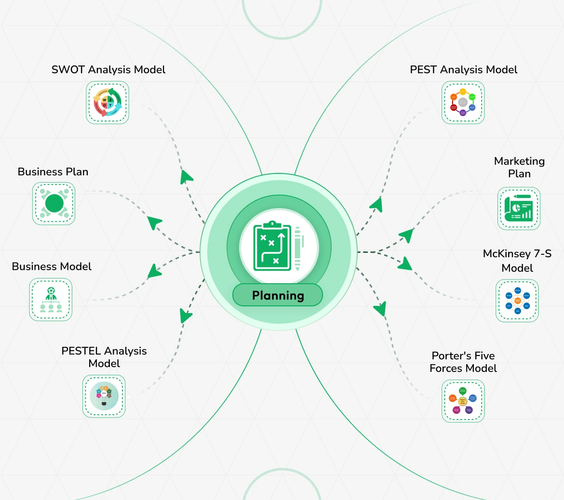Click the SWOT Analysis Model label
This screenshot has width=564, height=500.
click(108, 70)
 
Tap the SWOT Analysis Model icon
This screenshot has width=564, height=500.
click(107, 102)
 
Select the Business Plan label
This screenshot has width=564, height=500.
click(53, 172)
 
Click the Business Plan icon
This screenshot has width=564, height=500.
click(54, 203)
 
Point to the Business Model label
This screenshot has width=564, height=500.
click(52, 267)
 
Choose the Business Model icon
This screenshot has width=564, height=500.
click(51, 299)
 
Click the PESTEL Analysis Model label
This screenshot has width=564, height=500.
click(104, 357)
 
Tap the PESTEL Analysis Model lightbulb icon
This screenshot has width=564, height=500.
click(104, 396)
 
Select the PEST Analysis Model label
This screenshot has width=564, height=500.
click(463, 70)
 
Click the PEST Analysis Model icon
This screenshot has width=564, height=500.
click(463, 102)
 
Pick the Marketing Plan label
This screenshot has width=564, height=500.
click(519, 167)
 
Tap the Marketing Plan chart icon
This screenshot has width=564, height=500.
click(519, 209)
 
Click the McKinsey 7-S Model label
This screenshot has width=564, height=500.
click(517, 261)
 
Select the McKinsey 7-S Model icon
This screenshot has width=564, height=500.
click(517, 301)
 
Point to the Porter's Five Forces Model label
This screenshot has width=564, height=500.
click(463, 362)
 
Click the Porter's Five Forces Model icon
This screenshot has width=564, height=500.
click(463, 401)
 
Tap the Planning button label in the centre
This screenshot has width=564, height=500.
click(278, 295)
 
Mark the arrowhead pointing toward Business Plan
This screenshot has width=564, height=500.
click(154, 223)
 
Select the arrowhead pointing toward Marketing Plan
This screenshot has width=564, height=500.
click(406, 235)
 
